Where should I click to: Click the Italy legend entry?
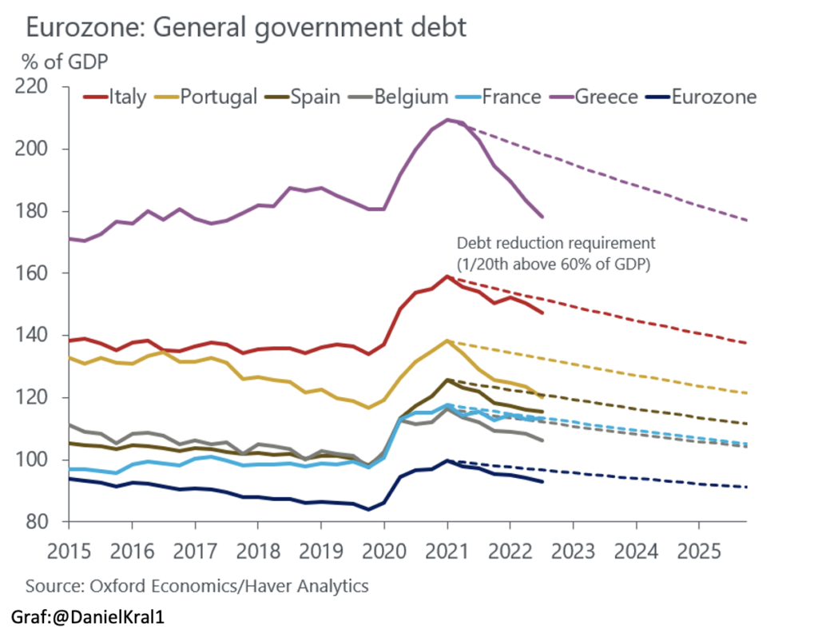click(117, 98)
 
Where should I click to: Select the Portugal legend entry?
click(206, 98)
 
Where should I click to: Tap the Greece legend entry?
click(594, 98)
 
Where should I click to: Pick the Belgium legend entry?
click(400, 98)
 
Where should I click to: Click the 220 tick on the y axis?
click(39, 87)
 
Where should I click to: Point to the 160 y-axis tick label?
click(39, 273)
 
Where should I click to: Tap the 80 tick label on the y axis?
click(44, 522)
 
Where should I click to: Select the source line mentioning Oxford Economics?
click(197, 586)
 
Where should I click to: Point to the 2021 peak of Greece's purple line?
click(449, 120)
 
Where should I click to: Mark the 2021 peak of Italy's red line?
click(448, 277)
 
